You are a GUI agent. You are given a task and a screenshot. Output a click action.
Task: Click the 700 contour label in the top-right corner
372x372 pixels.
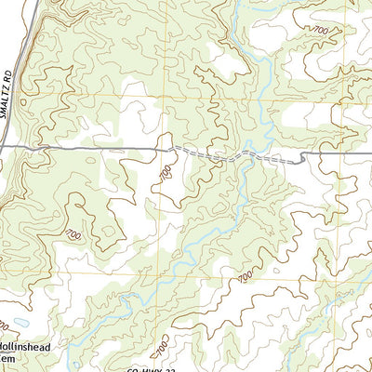pos(321,32)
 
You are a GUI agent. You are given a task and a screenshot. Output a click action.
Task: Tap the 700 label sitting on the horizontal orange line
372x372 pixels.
pos(245,276)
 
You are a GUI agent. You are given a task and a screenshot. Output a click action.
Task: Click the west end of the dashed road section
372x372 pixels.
pos(171,147)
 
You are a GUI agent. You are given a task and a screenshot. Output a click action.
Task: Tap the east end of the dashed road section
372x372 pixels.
pos(302,162)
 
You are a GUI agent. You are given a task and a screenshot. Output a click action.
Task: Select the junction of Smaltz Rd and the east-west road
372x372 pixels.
pos(4,147)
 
